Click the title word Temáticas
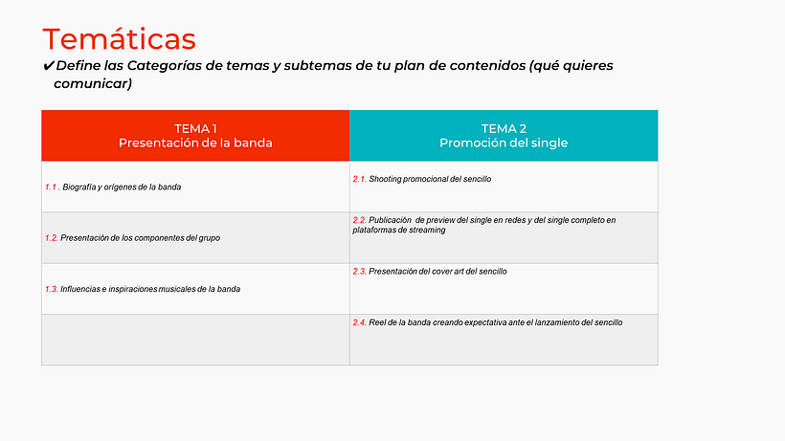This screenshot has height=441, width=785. (120, 39)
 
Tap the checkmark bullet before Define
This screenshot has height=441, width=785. (49, 66)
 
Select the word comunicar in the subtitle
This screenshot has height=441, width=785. (93, 84)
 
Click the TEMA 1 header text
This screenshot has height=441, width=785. (195, 128)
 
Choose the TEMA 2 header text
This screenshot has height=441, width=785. (504, 128)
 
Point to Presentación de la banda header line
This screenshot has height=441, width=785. (195, 143)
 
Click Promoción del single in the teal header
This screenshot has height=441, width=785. (504, 143)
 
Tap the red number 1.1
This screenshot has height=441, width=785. (52, 187)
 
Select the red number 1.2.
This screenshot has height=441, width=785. (52, 237)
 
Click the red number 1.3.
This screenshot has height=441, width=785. (52, 288)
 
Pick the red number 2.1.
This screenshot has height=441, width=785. (360, 179)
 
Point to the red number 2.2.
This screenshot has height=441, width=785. (360, 220)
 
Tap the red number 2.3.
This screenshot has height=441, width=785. (360, 271)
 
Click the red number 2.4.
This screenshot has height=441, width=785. (360, 322)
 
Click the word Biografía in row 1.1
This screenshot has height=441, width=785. (80, 187)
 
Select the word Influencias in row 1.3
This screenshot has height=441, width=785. (82, 288)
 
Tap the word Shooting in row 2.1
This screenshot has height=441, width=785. (387, 179)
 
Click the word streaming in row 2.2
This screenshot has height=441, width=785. (426, 230)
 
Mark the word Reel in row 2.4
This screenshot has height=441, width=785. (378, 322)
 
